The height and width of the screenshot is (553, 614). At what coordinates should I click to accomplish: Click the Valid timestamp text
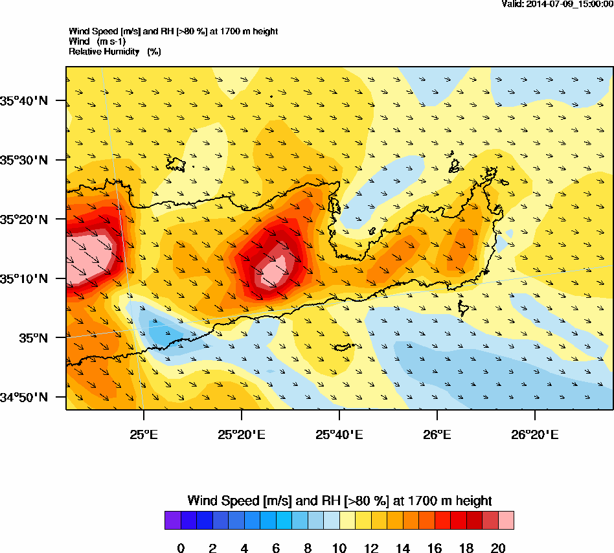(x=557, y=4)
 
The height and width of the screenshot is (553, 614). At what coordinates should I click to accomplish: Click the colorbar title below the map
(x=339, y=501)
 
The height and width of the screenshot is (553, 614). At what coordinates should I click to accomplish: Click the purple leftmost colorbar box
(x=173, y=521)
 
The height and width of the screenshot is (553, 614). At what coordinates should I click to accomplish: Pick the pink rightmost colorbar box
(x=506, y=521)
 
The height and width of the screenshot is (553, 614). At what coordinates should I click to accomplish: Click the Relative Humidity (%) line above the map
(x=115, y=51)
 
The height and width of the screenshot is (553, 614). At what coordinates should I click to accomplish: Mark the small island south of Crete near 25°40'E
(x=342, y=347)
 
